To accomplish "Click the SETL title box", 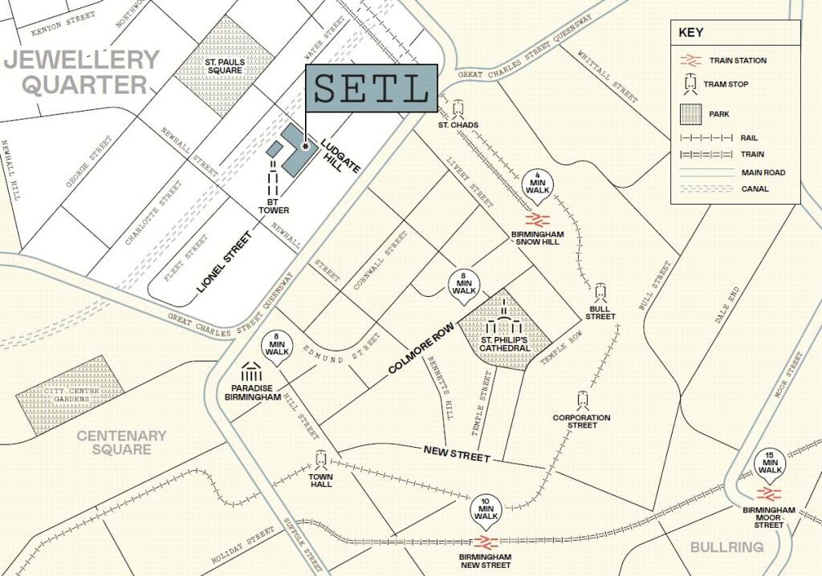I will pos(371,88).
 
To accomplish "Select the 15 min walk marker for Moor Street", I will pos(770,465).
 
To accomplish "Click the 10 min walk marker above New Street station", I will pos(486,509).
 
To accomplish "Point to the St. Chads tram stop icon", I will pos(458,108).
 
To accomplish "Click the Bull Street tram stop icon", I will pos(600,293).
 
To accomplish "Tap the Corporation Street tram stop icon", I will pos(582,400).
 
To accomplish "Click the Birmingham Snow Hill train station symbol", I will pos(537,219).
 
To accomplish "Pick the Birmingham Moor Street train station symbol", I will pos(769,494).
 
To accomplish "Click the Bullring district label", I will pos(726,547).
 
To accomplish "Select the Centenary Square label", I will pos(121,442).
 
